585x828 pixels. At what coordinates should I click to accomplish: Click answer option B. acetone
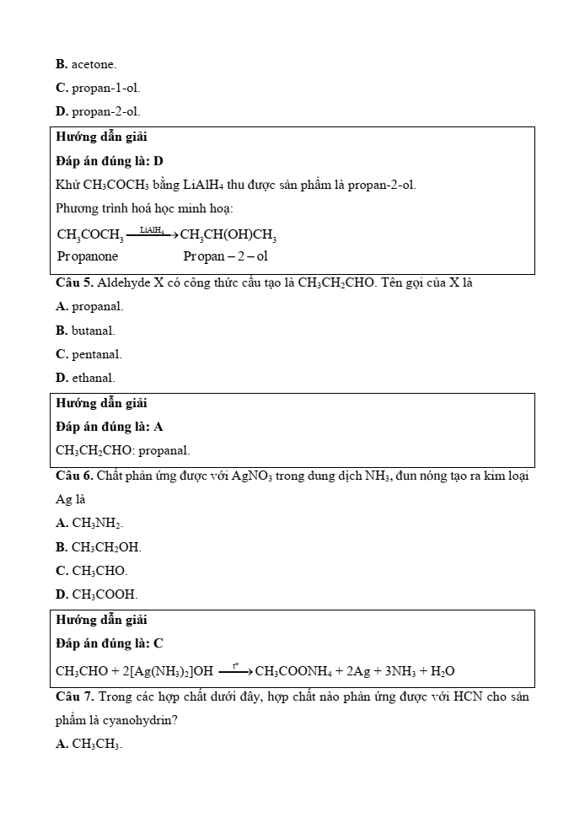[86, 64]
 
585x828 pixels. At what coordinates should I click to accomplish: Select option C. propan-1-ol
[98, 88]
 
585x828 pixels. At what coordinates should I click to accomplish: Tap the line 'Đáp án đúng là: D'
[110, 160]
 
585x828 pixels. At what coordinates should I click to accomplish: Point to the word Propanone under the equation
[88, 256]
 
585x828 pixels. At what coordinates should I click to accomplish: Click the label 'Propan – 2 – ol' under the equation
[225, 256]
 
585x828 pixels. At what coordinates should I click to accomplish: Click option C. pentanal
[89, 354]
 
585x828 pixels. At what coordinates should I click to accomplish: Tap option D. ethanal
[85, 378]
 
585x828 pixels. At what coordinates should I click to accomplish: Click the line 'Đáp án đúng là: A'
[110, 427]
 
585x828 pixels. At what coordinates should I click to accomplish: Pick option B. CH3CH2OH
[99, 547]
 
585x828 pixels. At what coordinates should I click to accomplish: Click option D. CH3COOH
[97, 594]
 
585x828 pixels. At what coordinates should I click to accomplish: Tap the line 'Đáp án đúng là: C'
[110, 643]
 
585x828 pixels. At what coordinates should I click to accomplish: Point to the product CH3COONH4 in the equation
[289, 672]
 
